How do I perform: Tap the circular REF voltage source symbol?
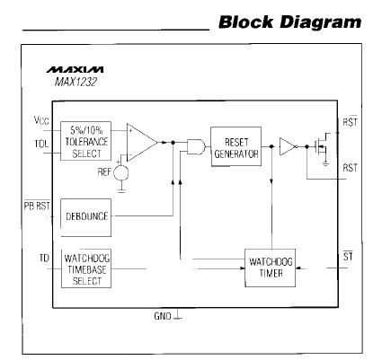pyautogui.click(x=123, y=171)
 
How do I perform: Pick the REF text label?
pyautogui.click(x=103, y=171)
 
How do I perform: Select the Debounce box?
pyautogui.click(x=86, y=216)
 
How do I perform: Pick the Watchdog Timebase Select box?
pyautogui.click(x=86, y=268)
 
